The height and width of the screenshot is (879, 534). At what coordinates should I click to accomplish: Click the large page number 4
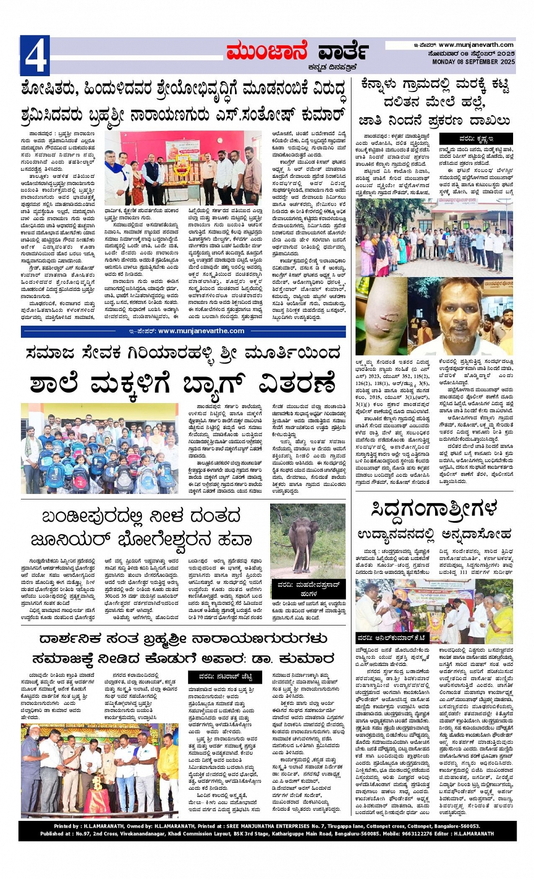coord(34,55)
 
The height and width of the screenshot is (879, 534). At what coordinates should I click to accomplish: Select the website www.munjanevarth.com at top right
coord(476,45)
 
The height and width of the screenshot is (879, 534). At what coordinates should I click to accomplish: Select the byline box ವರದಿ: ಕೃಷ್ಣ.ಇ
coord(476,138)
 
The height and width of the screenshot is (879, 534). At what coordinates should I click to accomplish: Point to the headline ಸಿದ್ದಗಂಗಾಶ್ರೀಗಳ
coord(434,509)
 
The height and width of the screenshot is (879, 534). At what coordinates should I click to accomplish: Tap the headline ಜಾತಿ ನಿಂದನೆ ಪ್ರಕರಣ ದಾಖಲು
coord(434,120)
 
